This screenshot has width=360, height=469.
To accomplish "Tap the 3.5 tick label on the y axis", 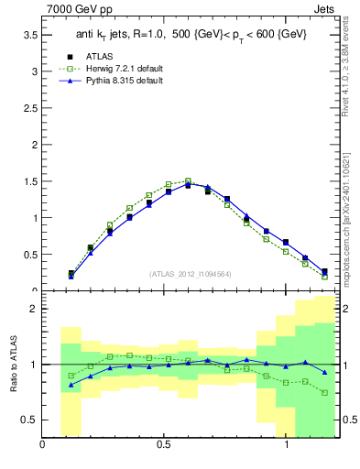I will pyautogui.click(x=28, y=34).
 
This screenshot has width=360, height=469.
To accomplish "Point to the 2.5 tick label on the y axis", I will pyautogui.click(x=28, y=107).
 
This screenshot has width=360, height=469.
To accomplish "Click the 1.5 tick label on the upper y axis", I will pyautogui.click(x=28, y=181).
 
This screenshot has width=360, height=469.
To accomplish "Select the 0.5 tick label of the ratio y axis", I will pyautogui.click(x=28, y=420).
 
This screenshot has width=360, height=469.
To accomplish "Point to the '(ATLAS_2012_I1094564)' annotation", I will pyautogui.click(x=191, y=273).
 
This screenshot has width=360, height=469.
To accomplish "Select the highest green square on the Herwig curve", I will pyautogui.click(x=188, y=181).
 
